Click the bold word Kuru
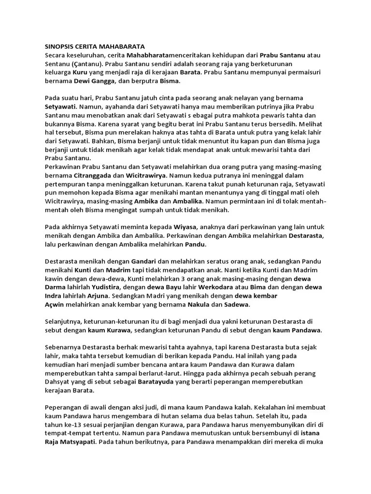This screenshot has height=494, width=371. click(80, 72)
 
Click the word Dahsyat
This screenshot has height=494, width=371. click(59, 382)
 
